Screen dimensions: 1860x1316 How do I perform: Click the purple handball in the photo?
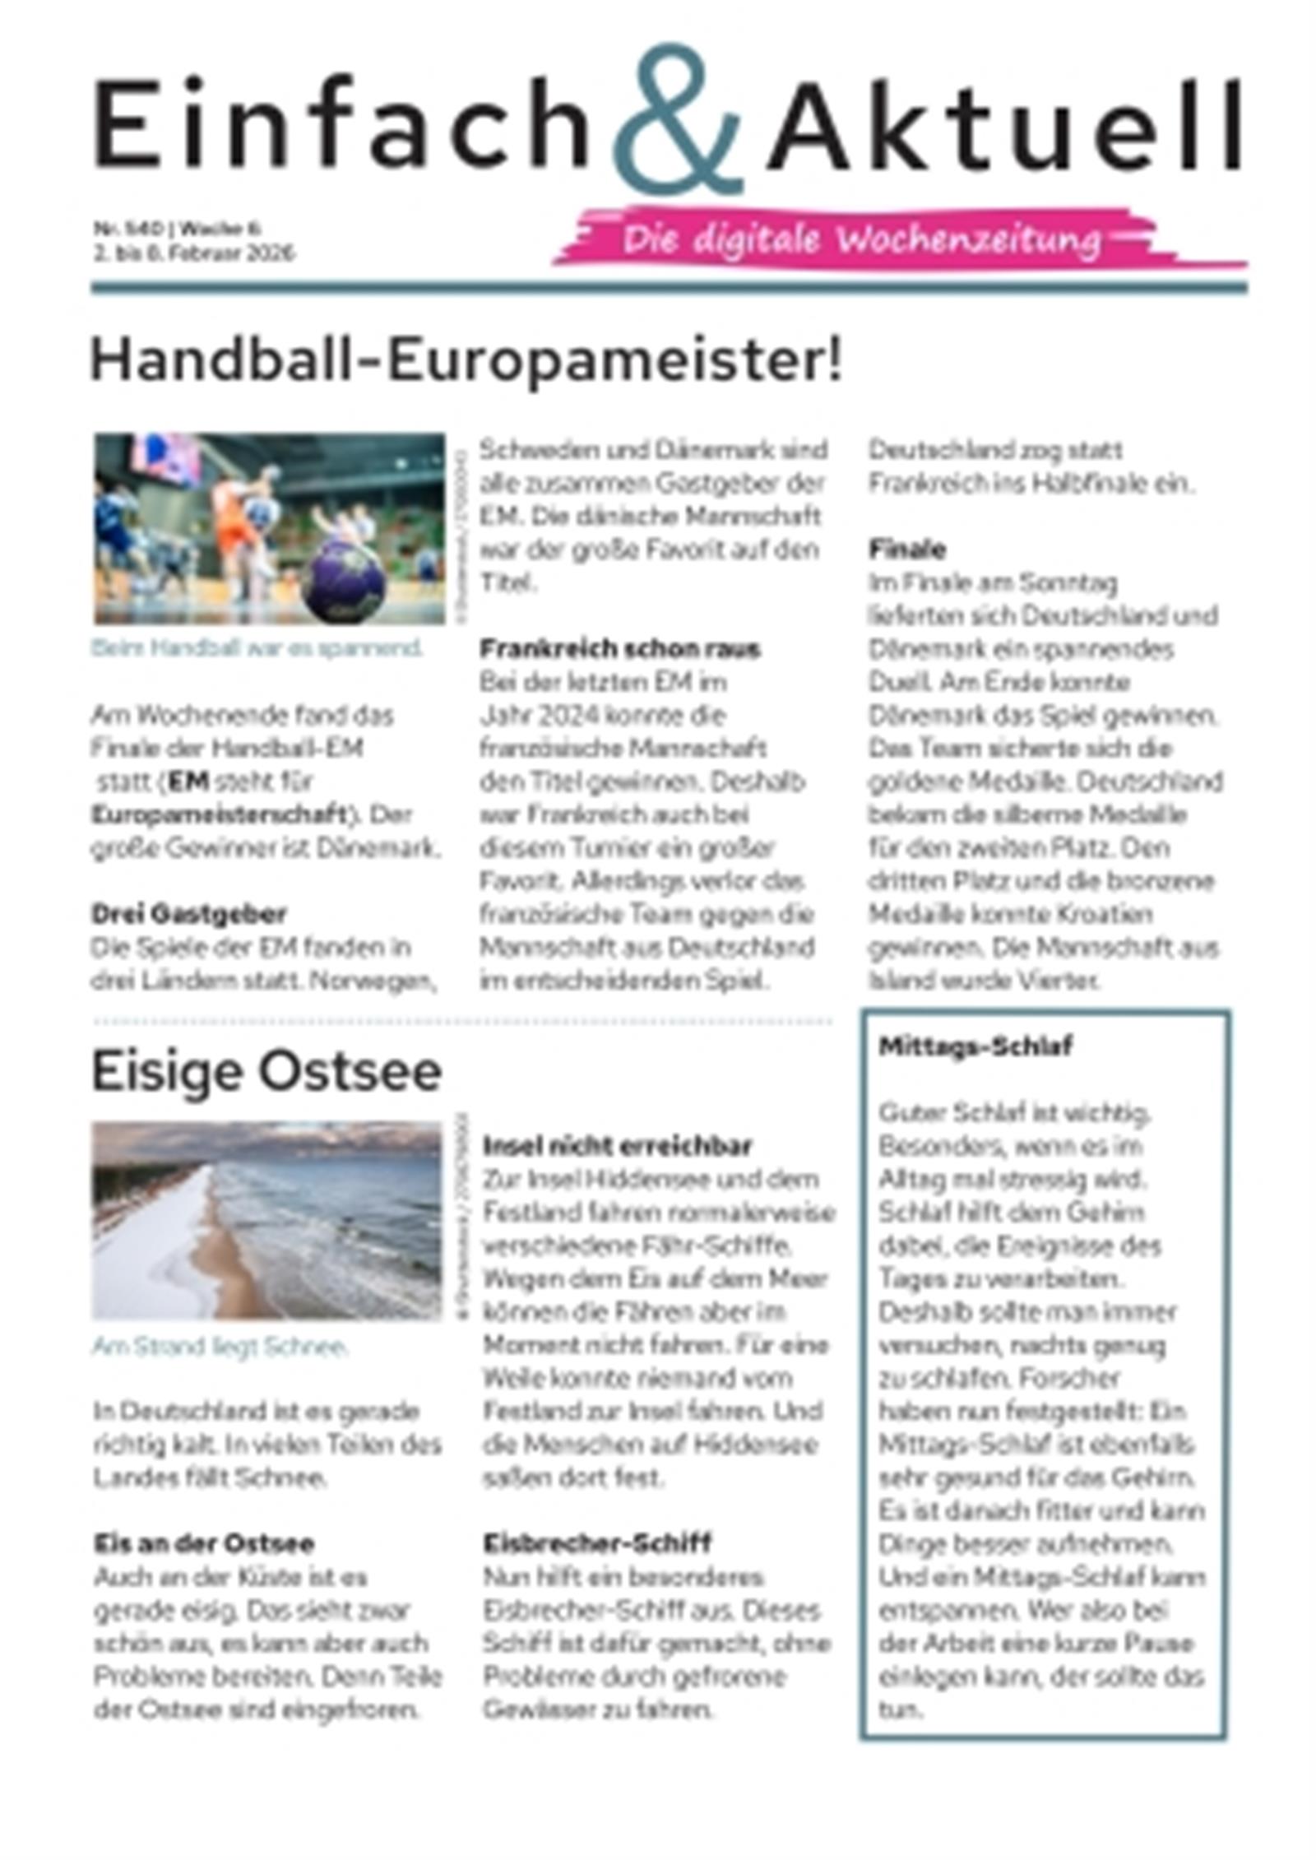click(342, 580)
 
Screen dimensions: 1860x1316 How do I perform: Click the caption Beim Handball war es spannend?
click(257, 648)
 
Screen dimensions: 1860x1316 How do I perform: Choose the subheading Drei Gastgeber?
click(188, 914)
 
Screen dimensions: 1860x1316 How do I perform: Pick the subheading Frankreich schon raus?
click(619, 649)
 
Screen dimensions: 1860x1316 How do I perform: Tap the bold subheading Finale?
click(906, 550)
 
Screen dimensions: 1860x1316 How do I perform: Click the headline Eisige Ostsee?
click(266, 1072)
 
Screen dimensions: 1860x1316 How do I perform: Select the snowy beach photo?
click(266, 1221)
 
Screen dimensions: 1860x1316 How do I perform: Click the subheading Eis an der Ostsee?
click(203, 1543)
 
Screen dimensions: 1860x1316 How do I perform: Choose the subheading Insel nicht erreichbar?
click(617, 1146)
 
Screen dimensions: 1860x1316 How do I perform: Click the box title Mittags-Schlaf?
click(975, 1046)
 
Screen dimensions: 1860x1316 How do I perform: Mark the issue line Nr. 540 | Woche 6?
click(176, 228)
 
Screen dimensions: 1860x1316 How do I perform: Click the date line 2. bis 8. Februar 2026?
click(192, 253)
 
